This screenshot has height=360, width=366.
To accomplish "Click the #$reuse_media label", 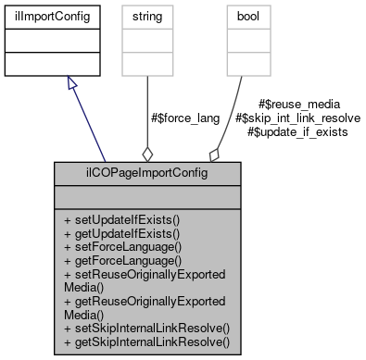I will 298,105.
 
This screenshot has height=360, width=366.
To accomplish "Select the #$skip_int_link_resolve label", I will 298,118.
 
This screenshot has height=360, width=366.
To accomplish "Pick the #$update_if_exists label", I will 298,132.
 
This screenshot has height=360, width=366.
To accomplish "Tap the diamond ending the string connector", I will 146,154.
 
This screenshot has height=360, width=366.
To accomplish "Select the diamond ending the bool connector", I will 215,154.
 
